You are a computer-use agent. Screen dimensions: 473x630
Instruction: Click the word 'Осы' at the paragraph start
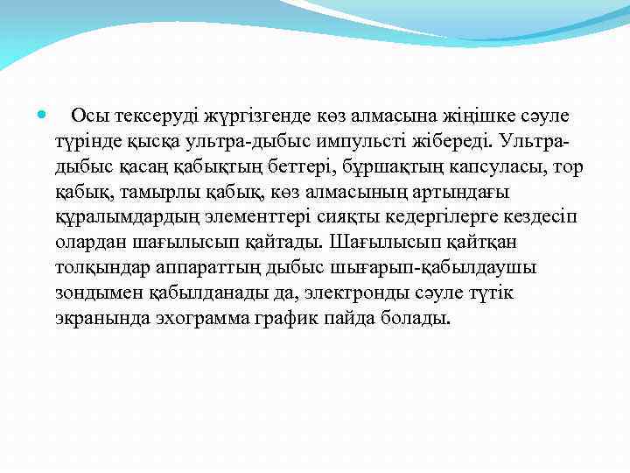tap(87, 116)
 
